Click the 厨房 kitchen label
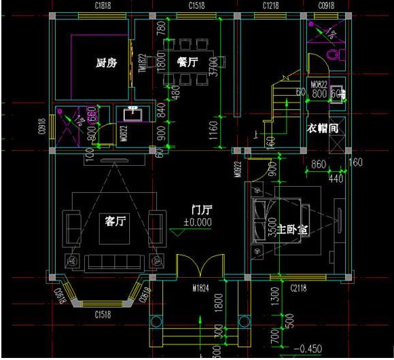click(106, 64)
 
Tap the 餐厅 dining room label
click(187, 62)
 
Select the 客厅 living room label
click(115, 221)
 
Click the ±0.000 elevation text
click(197, 222)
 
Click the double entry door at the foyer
click(200, 267)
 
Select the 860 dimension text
click(319, 164)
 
